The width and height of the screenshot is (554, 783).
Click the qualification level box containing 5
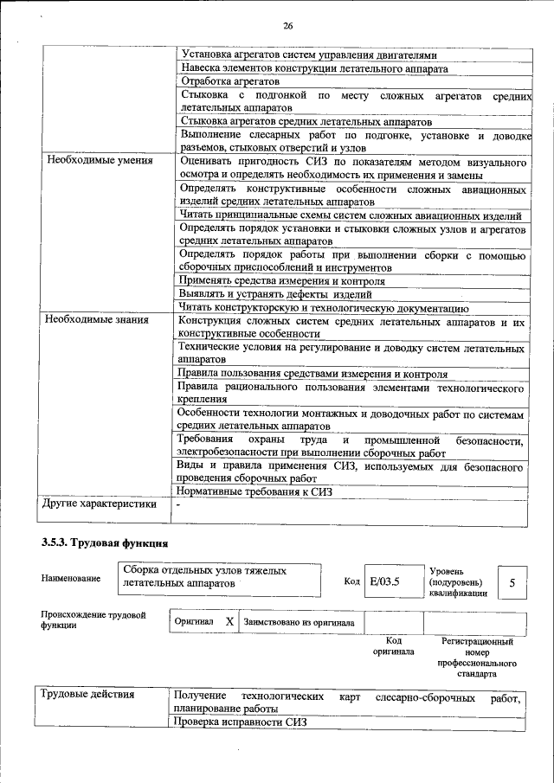[x=512, y=582]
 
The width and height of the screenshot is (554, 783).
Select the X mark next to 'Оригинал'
[x=229, y=621]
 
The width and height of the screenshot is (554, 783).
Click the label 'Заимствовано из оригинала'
[x=299, y=621]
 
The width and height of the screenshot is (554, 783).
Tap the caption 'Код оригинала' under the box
[x=393, y=646]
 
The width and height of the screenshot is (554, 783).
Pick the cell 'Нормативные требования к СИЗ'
[x=254, y=491]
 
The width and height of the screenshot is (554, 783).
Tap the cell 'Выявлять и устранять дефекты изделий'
[x=275, y=293]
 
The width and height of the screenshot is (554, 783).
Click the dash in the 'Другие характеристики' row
[x=178, y=504]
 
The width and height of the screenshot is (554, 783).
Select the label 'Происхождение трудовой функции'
[x=93, y=619]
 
